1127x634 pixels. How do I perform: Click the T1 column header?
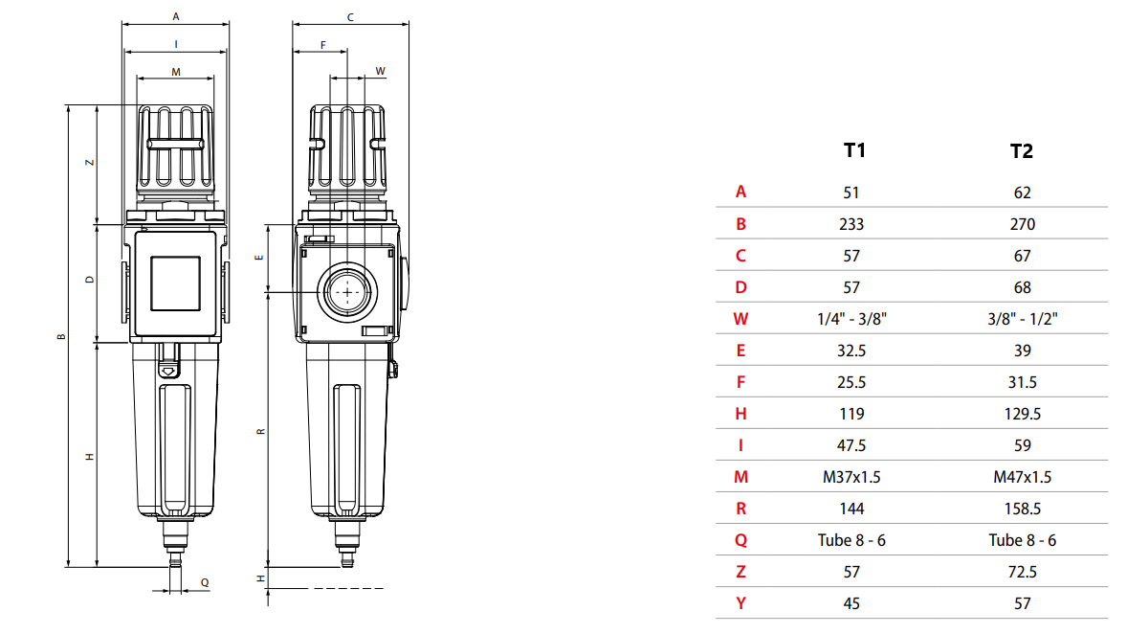853,150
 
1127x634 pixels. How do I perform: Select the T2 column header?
1022,151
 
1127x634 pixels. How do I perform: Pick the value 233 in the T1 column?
851,224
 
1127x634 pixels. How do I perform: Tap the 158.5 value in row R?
1022,509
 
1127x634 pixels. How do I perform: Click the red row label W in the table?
740,319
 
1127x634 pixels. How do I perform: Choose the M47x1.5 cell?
1022,477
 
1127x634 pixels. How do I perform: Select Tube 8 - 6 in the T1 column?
851,540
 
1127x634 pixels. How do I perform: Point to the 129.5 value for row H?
1022,414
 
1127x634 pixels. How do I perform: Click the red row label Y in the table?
740,603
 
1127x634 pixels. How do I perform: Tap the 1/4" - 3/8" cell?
851,319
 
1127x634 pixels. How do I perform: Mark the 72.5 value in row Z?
1022,572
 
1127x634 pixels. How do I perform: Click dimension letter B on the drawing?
60,336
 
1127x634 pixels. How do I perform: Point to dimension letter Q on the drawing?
204,582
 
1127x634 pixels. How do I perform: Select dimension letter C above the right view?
350,17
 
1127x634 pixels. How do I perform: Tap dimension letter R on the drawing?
260,431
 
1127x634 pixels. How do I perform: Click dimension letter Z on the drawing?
89,163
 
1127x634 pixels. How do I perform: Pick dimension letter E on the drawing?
260,259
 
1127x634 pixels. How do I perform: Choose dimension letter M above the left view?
175,72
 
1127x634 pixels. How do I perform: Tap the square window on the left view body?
175,283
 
